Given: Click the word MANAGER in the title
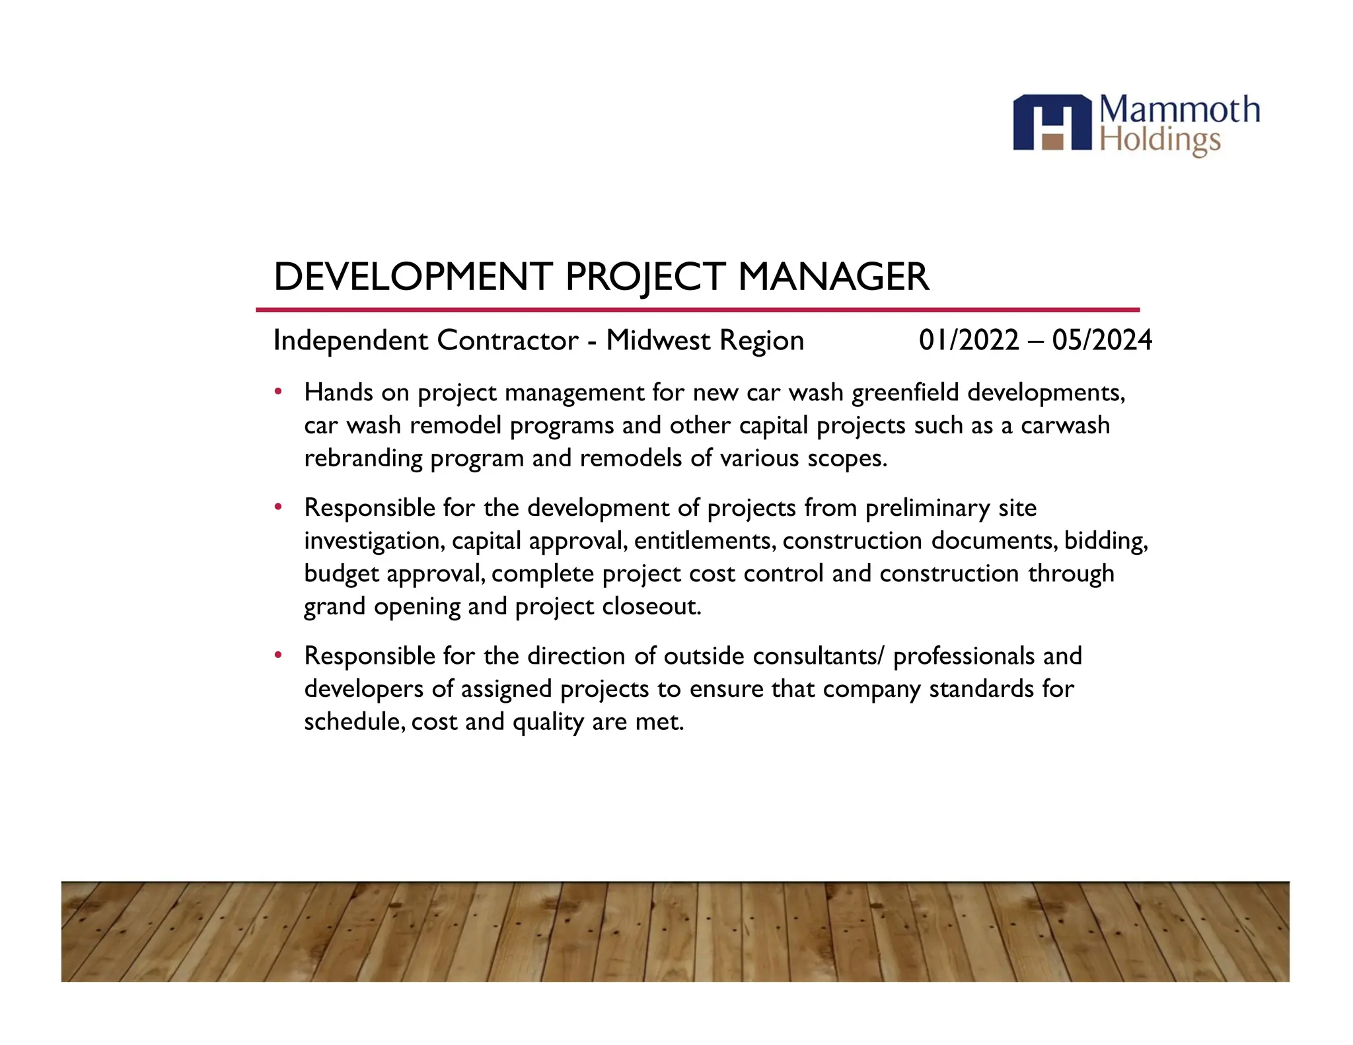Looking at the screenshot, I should coord(833,276).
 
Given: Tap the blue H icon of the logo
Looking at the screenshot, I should coord(1052,122).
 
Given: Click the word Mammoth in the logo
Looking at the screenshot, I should coord(1180,110).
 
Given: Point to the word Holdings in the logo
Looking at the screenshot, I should coord(1160,141).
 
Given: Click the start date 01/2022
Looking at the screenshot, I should coord(969,340).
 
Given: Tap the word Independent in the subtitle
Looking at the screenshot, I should coord(350,340).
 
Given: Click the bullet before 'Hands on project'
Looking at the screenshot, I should coord(278,392).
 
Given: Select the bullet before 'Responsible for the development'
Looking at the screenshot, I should coord(278,507).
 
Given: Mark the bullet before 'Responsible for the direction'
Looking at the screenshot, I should coord(278,655).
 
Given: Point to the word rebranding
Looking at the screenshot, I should coord(363,458).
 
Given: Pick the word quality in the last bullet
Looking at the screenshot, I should coord(548,722).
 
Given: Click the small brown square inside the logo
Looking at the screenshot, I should coord(1052,141).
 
